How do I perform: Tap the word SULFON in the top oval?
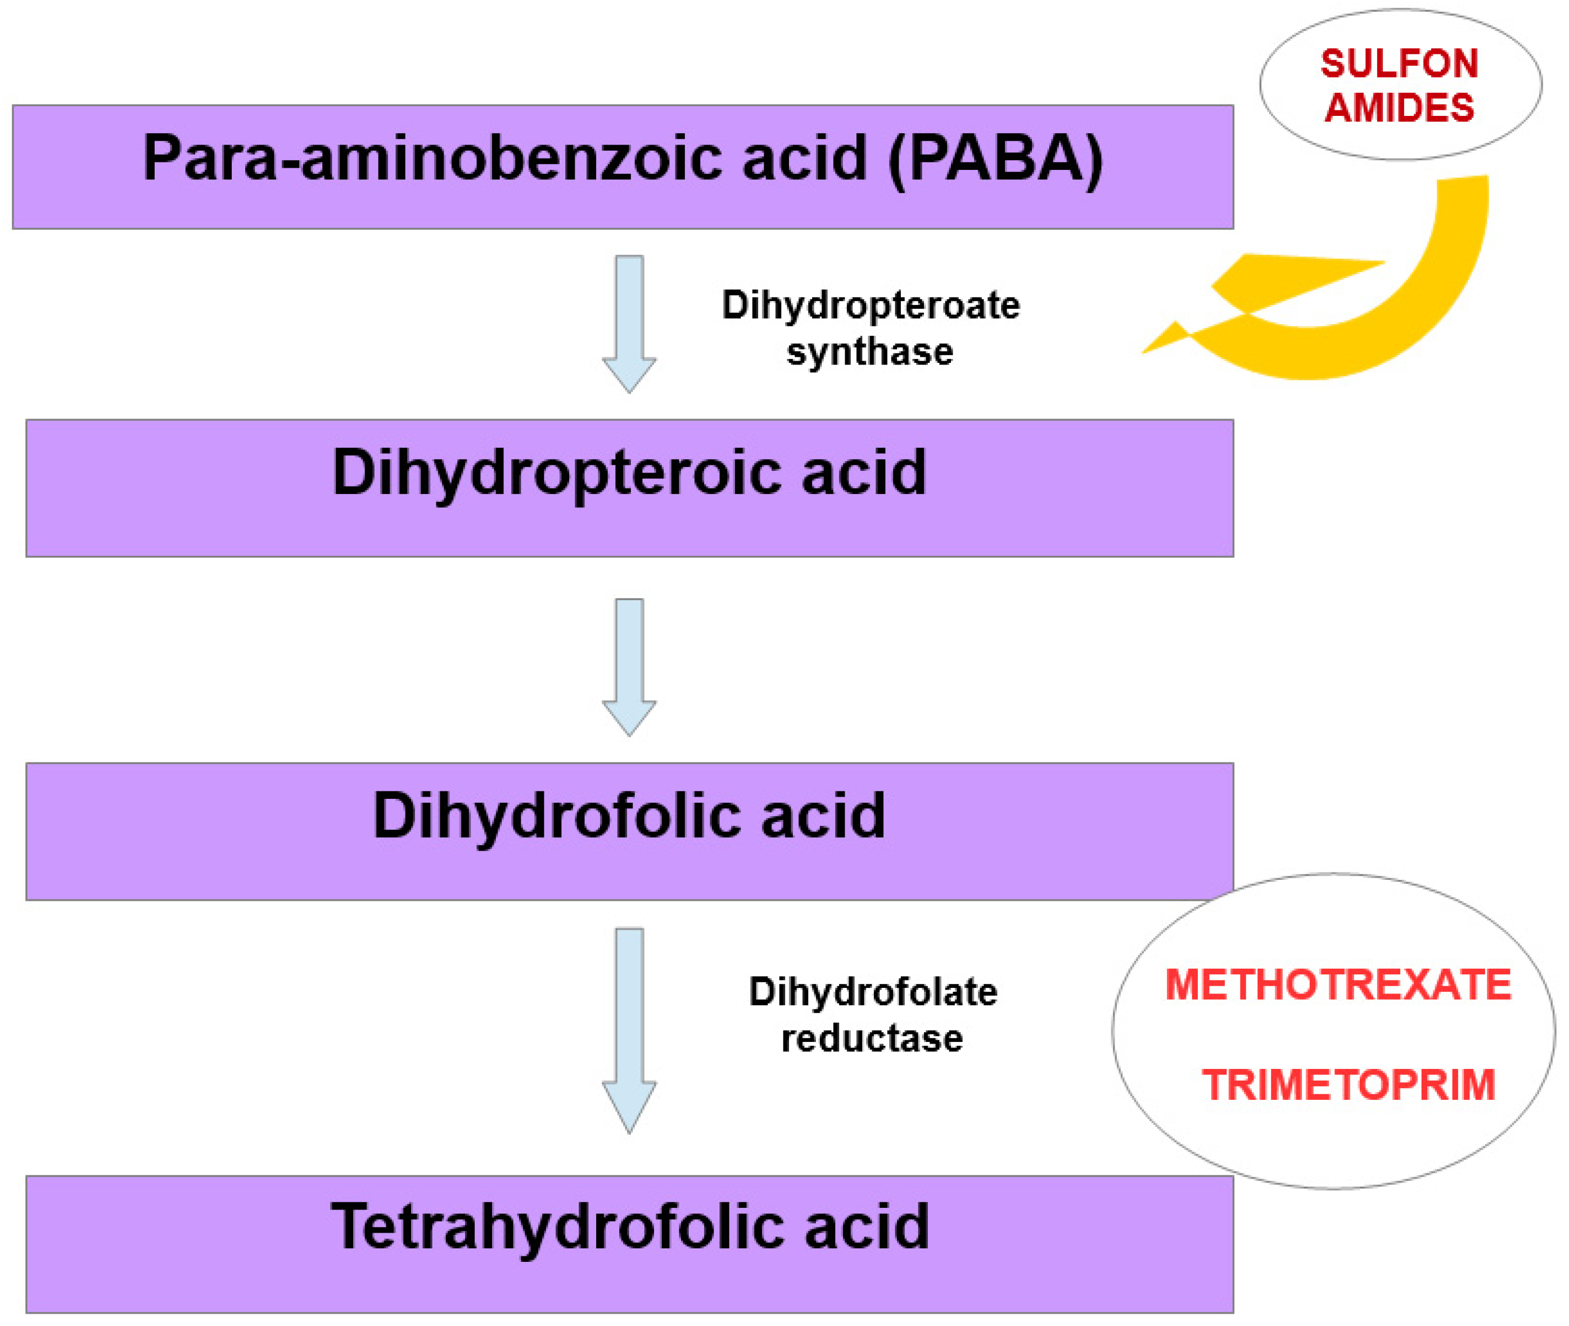1399,64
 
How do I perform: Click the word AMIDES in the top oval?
1399,108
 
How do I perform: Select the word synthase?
869,352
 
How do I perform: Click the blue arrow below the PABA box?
629,323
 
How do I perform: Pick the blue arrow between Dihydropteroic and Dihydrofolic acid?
629,666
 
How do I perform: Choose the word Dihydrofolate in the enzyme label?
872,992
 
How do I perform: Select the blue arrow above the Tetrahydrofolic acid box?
629,1030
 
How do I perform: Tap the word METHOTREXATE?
1337,985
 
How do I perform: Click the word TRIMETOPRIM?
1348,1085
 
